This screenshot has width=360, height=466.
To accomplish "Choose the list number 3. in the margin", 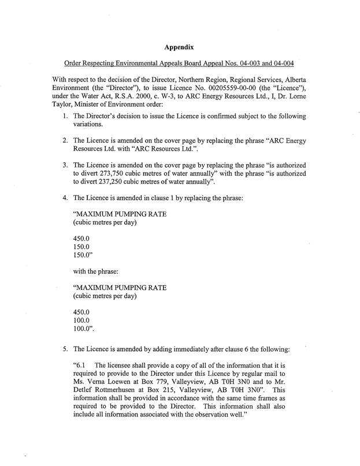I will (x=65, y=165).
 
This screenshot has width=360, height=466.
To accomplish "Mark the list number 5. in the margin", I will (x=65, y=349).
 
